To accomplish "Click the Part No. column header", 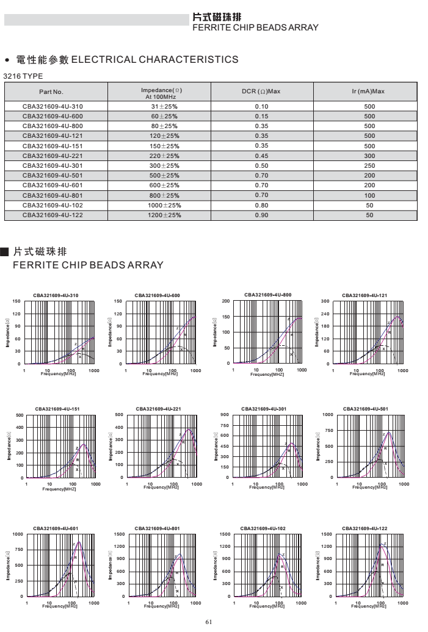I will coord(51,92).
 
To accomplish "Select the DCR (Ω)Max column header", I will coord(261,92).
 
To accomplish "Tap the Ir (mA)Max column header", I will coord(369,92).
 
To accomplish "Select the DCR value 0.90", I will coord(261,215).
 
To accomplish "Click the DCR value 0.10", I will coord(261,106).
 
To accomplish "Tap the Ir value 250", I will coord(369,165).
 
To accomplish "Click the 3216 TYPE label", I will coord(23,76).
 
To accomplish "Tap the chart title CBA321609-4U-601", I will coord(56,528).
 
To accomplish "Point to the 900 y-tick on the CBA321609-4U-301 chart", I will coord(225,415).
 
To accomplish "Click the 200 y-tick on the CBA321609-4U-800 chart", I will coord(226,301).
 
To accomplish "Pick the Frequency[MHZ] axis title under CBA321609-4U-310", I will coord(59,373).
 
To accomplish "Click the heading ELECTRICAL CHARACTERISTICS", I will coord(155,59).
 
